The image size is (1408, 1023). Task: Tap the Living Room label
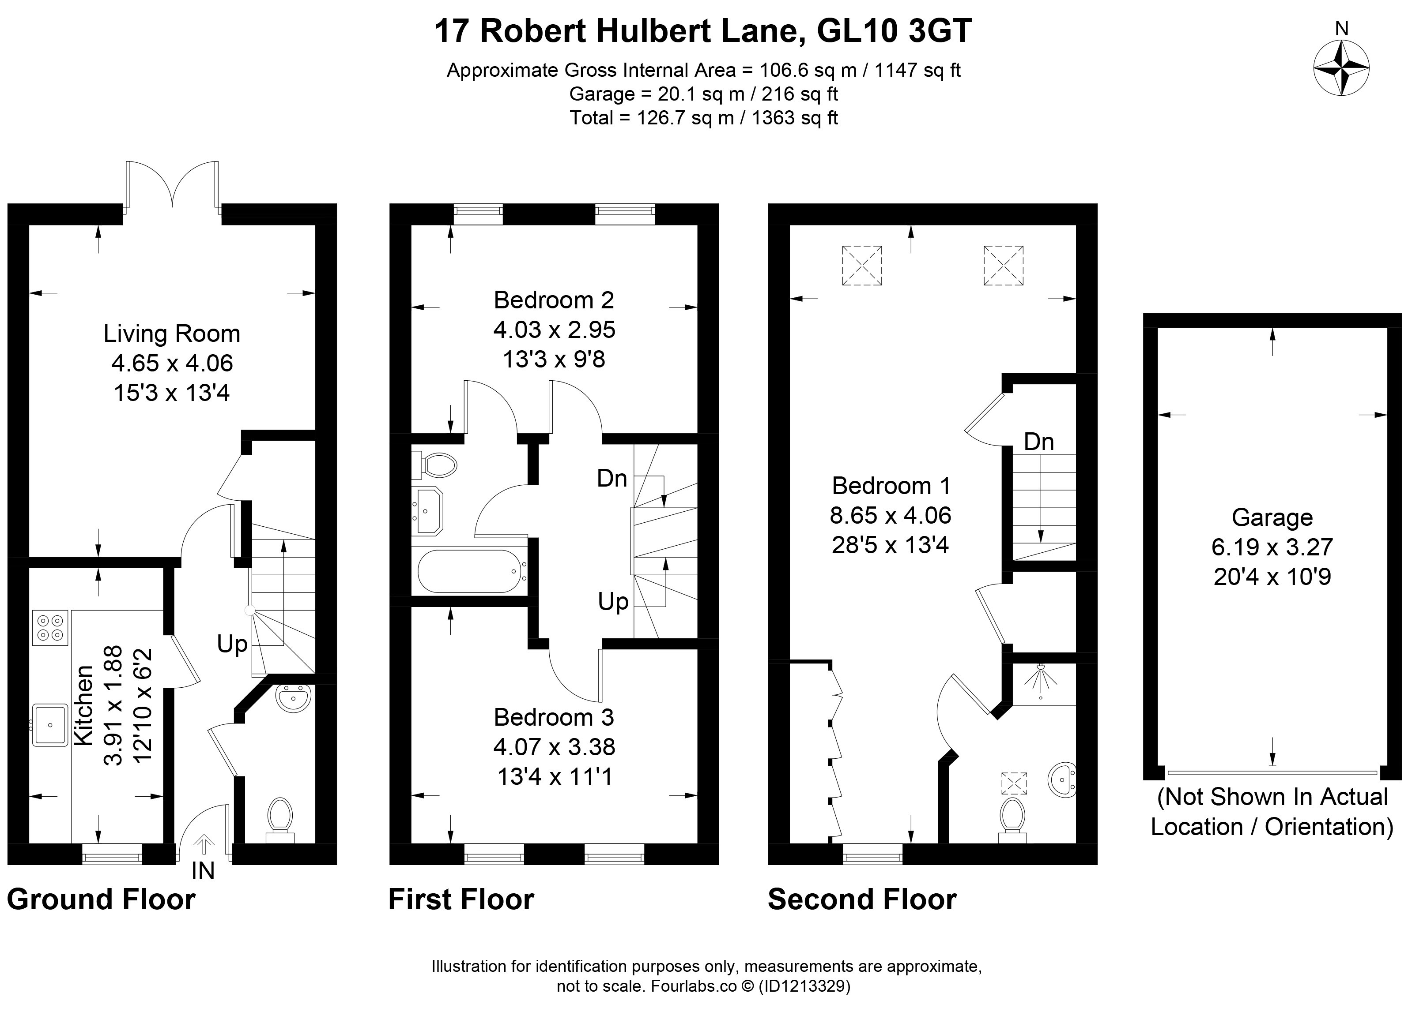coord(171,334)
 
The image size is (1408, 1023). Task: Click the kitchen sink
coord(49,725)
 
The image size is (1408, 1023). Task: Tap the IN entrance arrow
coord(204,844)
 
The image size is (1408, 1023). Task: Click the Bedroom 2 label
coord(554,300)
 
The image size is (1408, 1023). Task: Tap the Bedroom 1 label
coord(891,486)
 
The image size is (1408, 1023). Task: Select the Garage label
coord(1272,517)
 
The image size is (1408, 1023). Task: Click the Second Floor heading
coord(862,899)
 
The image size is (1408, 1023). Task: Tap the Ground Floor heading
coord(101,899)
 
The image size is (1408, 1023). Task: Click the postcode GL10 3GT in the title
coord(894,31)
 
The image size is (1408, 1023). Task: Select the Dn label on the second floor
coord(1038,442)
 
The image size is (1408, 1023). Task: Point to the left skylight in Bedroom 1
coord(862,266)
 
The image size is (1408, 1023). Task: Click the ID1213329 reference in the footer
coord(804,986)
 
